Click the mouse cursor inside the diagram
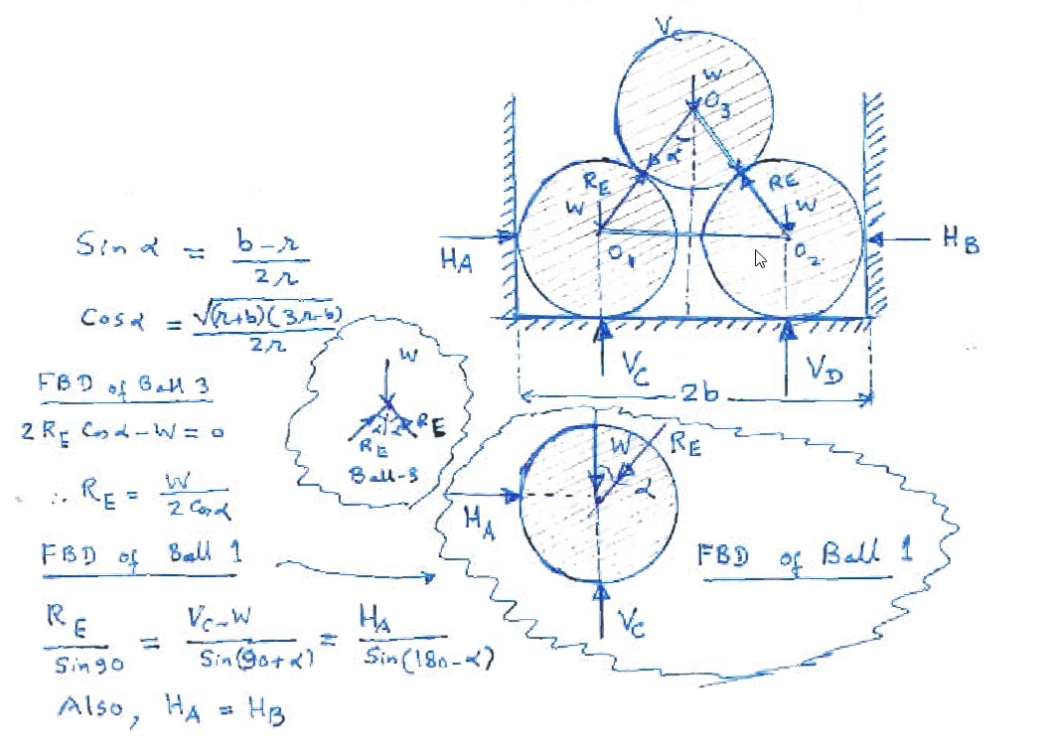[760, 259]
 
